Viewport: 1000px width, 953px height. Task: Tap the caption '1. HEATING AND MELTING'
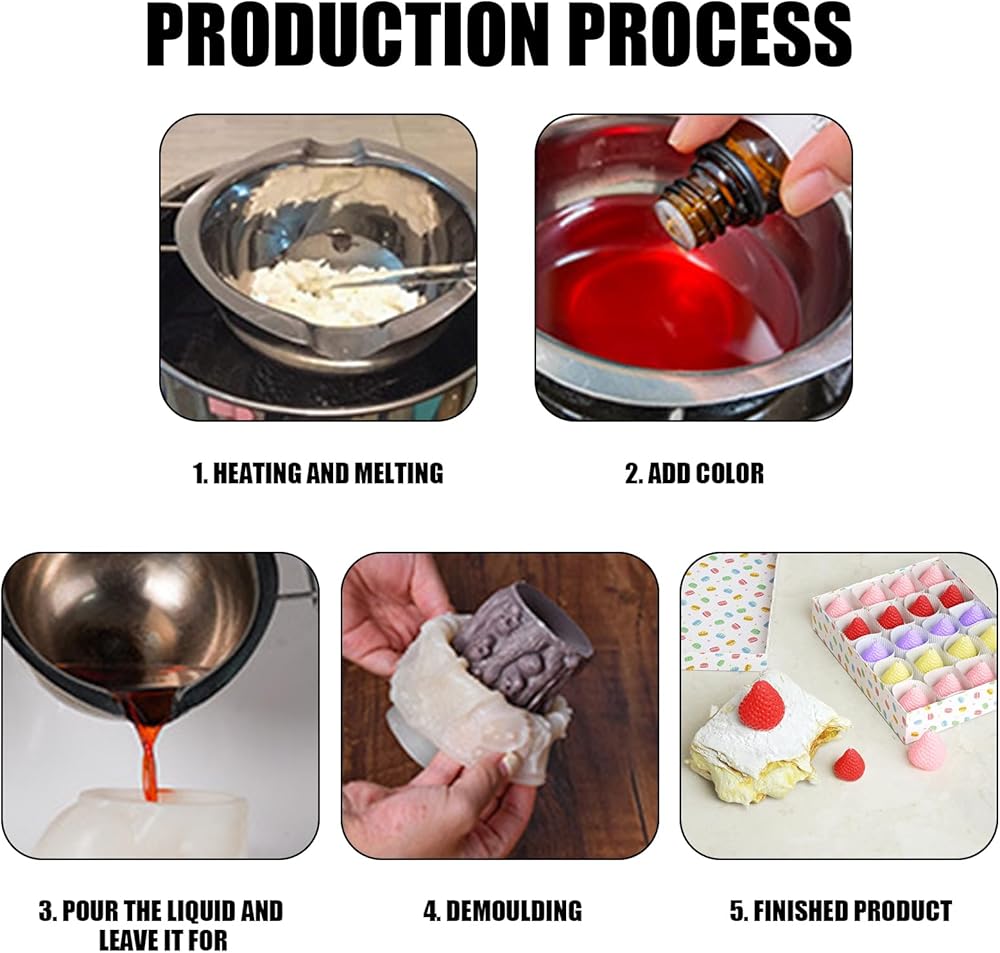318,473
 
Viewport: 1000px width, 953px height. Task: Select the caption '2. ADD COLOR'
694,473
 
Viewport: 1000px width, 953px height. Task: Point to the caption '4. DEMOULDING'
503,910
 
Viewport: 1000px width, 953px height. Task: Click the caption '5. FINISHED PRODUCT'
841,910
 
